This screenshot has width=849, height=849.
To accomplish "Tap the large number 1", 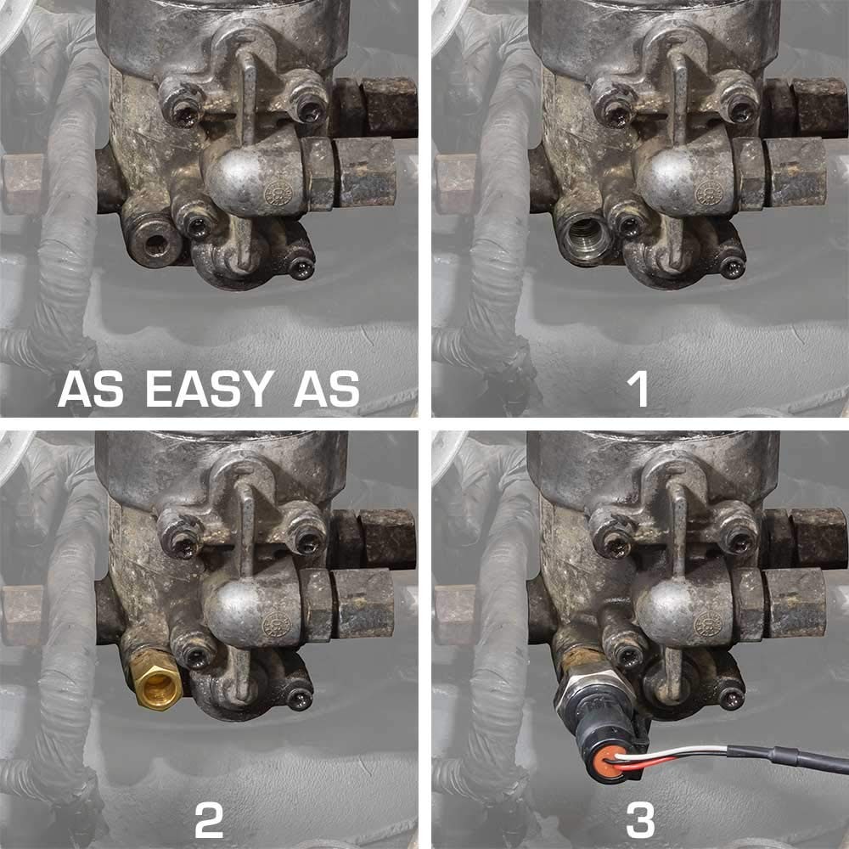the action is coord(639,389).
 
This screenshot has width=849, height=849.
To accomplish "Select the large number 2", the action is coord(209,820).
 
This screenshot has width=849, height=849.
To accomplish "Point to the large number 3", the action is coord(640,820).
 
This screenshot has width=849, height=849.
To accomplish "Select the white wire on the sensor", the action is coord(672,752).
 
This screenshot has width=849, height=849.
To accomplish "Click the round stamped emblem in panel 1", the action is coord(709,194).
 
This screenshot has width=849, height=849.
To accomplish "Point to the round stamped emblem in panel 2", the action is coord(277,627).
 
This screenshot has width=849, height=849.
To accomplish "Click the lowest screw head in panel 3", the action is coord(732,699).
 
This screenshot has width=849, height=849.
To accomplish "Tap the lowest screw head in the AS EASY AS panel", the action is coord(301,267).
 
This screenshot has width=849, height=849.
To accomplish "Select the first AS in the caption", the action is coord(91,389).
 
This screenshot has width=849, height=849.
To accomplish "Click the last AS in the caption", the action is coord(327,389).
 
